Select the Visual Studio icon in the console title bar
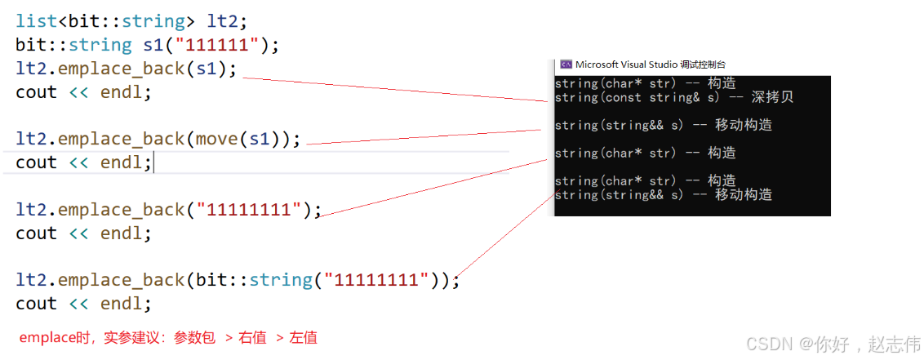tap(565, 64)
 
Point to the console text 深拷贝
tap(774, 97)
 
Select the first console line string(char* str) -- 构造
tap(645, 83)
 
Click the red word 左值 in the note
tap(304, 337)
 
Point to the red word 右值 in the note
tap(253, 337)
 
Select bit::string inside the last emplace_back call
tap(254, 280)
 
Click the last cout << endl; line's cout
tap(36, 304)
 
